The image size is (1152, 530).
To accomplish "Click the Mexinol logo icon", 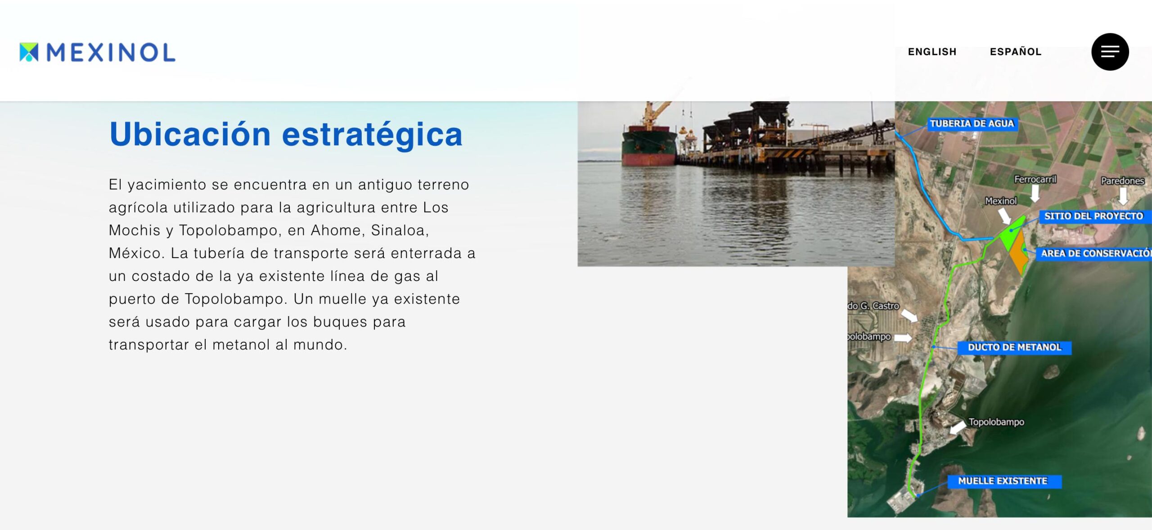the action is coord(29,52).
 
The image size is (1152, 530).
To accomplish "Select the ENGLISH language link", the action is coord(932,52).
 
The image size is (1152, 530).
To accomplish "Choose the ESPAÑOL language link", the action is coord(1016,52).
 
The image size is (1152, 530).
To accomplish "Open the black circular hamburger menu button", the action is coord(1110,52).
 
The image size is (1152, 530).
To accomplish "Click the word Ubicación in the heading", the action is coord(190,134).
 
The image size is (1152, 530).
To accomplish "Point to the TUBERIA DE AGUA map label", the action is coord(972,124).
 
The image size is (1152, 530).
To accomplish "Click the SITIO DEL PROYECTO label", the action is coord(1093,216).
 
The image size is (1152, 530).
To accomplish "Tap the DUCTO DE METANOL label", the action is coord(1014,347).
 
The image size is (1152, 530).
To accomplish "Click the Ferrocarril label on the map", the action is coord(1035,179).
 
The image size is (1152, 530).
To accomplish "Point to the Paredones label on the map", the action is coord(1122,181).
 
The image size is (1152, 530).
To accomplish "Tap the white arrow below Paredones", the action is coord(1123,196).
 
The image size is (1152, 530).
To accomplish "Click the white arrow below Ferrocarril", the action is coord(1035,193).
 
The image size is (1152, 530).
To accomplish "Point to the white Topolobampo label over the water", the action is coord(996,422).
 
